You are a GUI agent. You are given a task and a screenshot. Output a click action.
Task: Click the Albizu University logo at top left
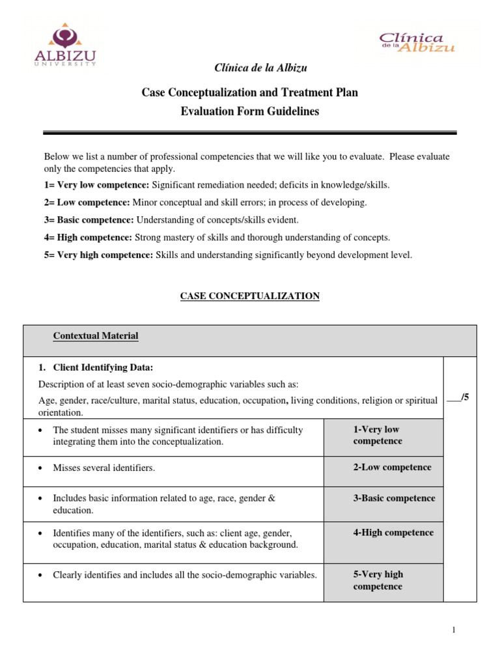pos(65,45)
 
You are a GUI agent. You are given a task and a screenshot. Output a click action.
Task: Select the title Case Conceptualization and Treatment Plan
pos(249,92)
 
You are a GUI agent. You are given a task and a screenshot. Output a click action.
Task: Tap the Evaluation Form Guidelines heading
pos(249,111)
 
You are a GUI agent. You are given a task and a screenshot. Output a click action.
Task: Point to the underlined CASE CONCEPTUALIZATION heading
pos(249,296)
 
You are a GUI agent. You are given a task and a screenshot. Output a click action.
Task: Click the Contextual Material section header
pos(95,336)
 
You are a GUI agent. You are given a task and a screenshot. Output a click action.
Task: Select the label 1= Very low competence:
pos(96,185)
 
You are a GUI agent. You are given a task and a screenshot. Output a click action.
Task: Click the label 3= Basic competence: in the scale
pos(89,220)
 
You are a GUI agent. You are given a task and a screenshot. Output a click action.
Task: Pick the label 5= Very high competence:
pos(98,255)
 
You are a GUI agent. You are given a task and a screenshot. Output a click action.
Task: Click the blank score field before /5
pos(454,397)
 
